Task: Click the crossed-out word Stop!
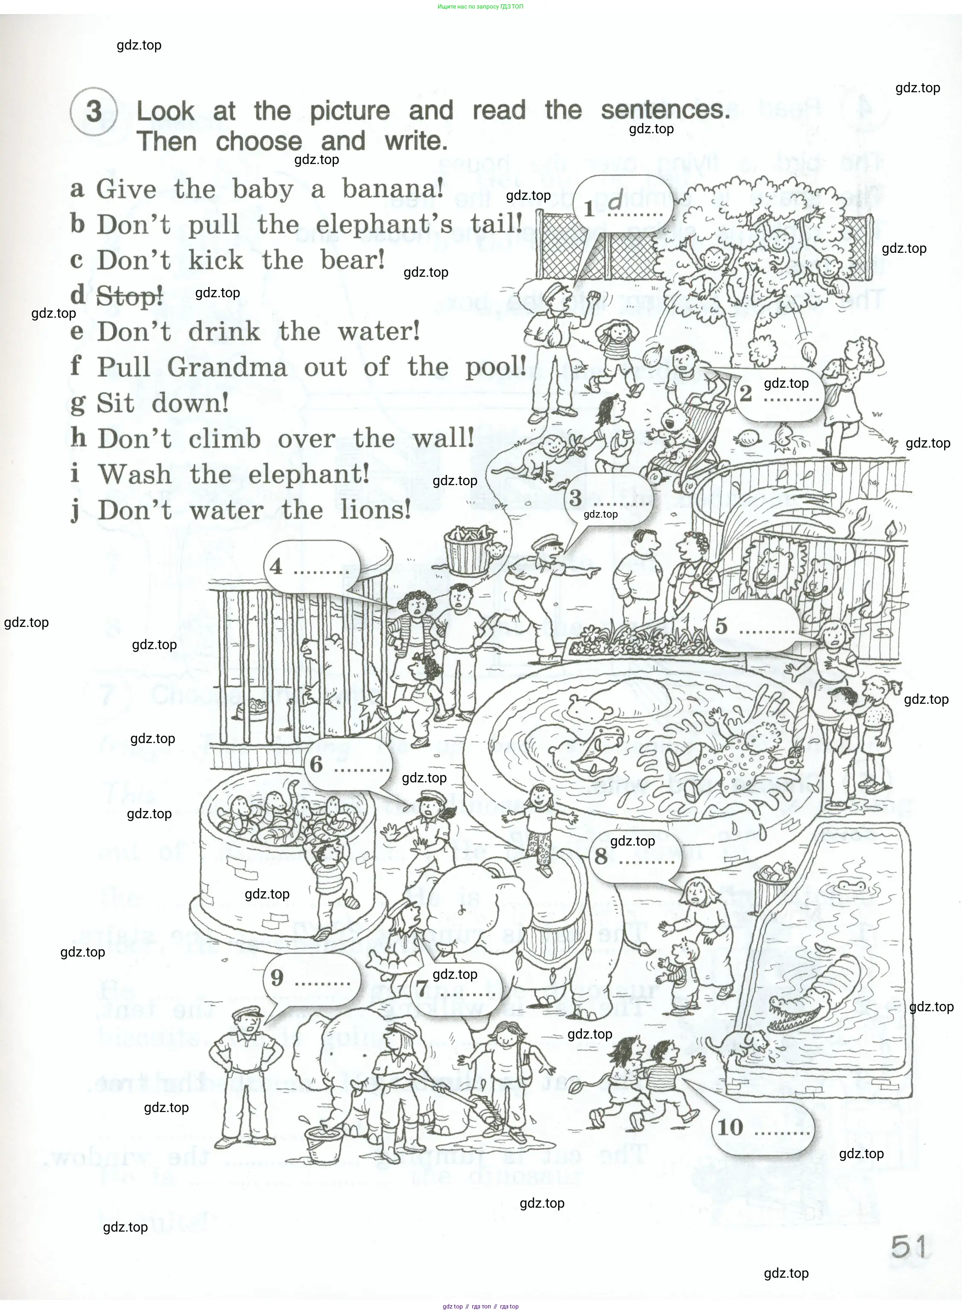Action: [x=129, y=296]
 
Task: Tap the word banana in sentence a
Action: [x=392, y=189]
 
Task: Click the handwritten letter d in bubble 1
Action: [x=615, y=202]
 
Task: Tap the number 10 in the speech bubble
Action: [x=730, y=1127]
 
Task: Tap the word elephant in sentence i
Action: [x=309, y=474]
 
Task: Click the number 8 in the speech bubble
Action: [x=601, y=856]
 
